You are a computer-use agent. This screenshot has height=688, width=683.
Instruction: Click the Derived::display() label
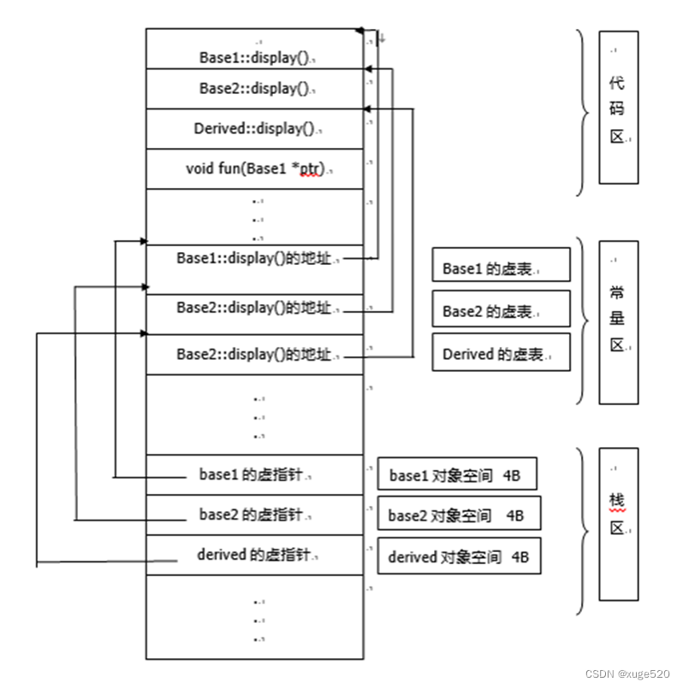[254, 129]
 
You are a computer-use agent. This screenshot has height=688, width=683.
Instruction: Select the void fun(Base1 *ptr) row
[254, 168]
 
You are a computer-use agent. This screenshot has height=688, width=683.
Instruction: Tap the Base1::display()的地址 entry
[254, 257]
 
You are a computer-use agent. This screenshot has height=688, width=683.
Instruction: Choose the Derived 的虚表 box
[501, 354]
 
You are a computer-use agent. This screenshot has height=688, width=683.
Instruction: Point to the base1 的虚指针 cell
[254, 475]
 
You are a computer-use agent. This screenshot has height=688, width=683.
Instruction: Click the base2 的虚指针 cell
[254, 515]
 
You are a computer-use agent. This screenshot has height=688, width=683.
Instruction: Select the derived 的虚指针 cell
[254, 555]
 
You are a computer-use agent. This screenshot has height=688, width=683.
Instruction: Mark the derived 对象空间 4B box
[458, 557]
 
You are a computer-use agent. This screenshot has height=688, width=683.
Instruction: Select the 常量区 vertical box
[618, 321]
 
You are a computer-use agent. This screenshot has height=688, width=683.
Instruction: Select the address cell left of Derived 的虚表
[254, 354]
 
